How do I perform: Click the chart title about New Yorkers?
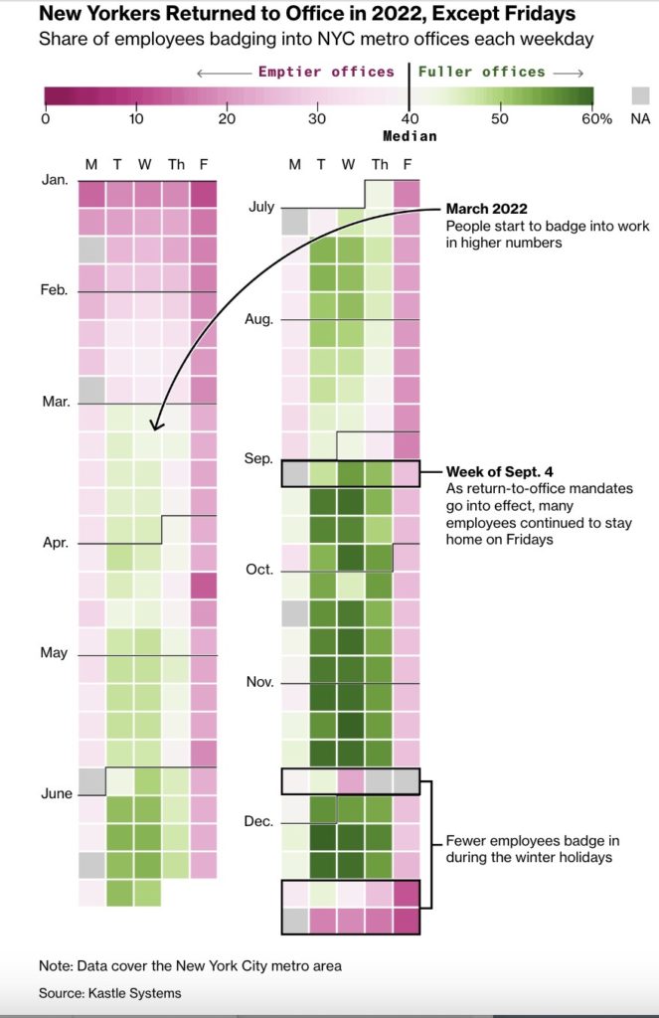306,16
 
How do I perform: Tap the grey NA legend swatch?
640,96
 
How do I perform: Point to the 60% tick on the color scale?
596,119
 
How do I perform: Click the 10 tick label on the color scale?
135,119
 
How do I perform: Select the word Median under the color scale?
410,136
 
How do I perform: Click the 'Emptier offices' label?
326,72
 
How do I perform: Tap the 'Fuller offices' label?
482,72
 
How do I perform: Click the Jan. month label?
56,180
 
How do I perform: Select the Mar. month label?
56,402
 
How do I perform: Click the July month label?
260,207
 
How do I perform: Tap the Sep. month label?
258,458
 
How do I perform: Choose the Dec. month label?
258,822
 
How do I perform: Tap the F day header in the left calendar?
204,164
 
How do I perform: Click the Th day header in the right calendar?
380,164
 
